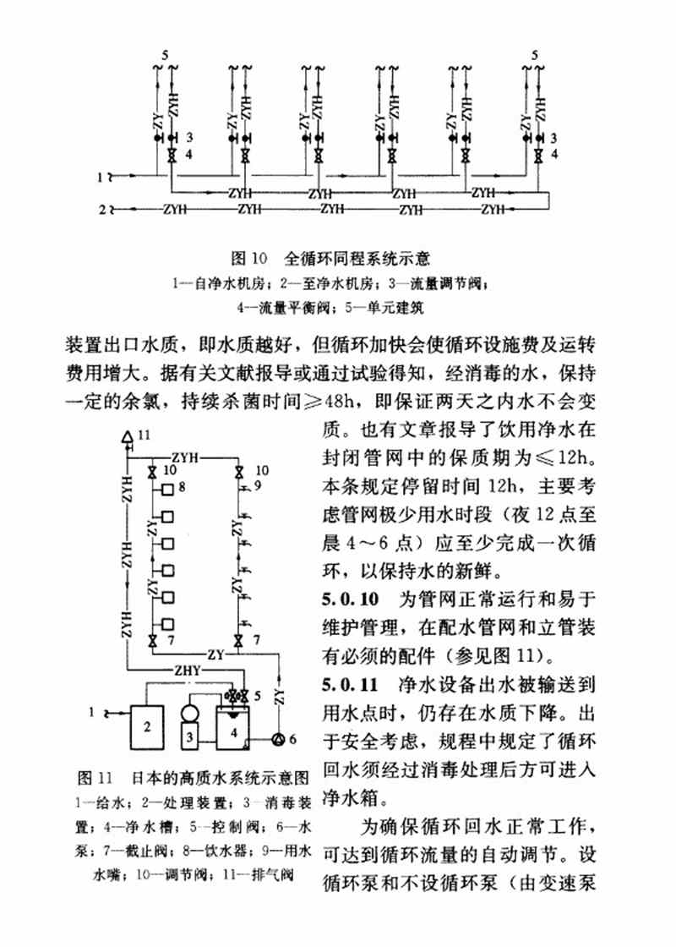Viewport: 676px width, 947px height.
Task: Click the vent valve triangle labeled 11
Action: pos(127,436)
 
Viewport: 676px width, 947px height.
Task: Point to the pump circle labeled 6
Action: pos(278,738)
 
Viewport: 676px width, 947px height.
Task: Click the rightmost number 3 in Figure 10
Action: pos(554,137)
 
